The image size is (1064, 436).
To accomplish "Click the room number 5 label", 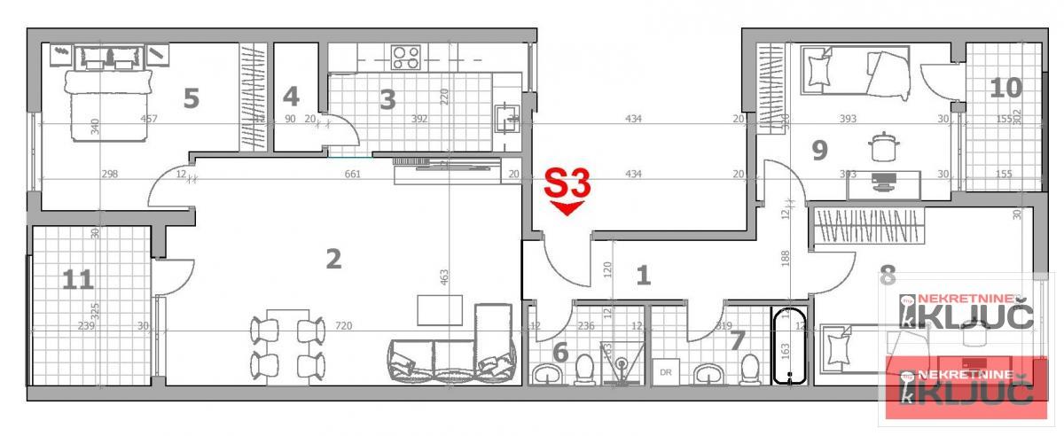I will tap(191, 97).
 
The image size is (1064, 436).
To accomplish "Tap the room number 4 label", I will tap(291, 96).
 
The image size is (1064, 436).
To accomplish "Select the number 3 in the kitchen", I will tap(387, 99).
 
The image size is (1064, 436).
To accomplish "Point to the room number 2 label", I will tap(333, 259).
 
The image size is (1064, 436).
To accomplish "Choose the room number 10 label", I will tap(1005, 88).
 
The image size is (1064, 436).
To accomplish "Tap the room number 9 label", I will tap(819, 150).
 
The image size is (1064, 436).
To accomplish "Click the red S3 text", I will tap(567, 184).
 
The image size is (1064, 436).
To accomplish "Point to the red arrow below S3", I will tap(567, 208).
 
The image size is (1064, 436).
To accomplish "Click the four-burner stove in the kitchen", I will tap(406, 58).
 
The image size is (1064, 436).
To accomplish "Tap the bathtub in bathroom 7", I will tap(789, 346).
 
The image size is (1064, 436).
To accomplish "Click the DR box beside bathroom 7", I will tap(666, 372).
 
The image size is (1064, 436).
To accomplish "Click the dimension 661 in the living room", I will tap(352, 175).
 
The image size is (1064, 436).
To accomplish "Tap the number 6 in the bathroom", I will tap(560, 353).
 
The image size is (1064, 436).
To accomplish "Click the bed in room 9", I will tap(856, 71).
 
